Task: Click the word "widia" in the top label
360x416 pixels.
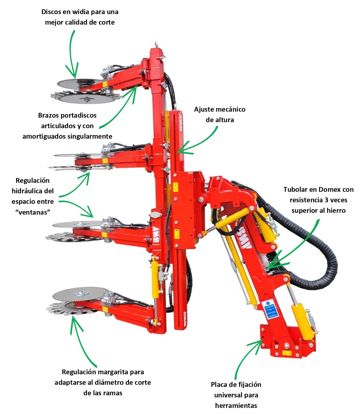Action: pos(82,12)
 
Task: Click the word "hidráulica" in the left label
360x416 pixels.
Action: pos(33,191)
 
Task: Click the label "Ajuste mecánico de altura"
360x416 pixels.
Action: pos(220,114)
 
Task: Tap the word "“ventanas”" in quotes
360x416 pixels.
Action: pos(33,212)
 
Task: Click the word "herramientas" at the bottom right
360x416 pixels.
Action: pos(236,405)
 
